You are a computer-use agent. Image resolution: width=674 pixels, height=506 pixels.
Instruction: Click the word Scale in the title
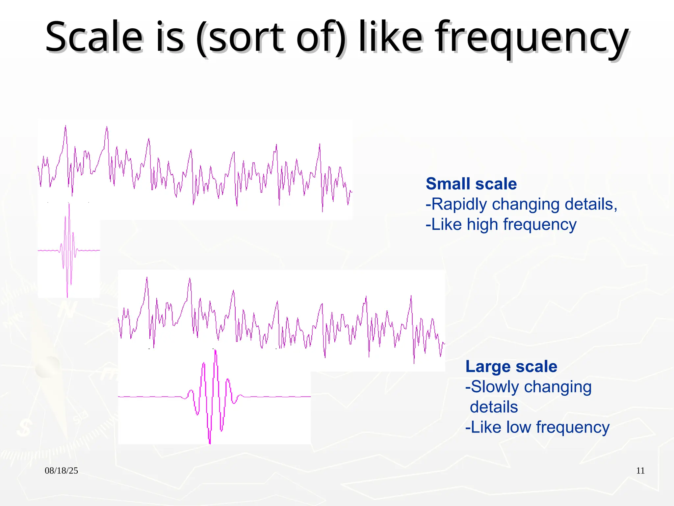click(94, 37)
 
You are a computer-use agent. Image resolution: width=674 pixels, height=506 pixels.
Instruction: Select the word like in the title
click(390, 37)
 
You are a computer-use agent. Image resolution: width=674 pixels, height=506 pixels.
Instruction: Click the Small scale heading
click(471, 184)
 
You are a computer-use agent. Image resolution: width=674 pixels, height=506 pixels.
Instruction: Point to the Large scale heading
click(511, 366)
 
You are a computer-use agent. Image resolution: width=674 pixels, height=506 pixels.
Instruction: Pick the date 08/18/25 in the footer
click(61, 470)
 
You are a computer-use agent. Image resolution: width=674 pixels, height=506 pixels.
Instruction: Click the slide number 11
click(640, 470)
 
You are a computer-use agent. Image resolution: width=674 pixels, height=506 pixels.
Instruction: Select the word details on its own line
click(494, 407)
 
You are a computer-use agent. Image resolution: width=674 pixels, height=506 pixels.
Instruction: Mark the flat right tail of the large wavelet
click(280, 397)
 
